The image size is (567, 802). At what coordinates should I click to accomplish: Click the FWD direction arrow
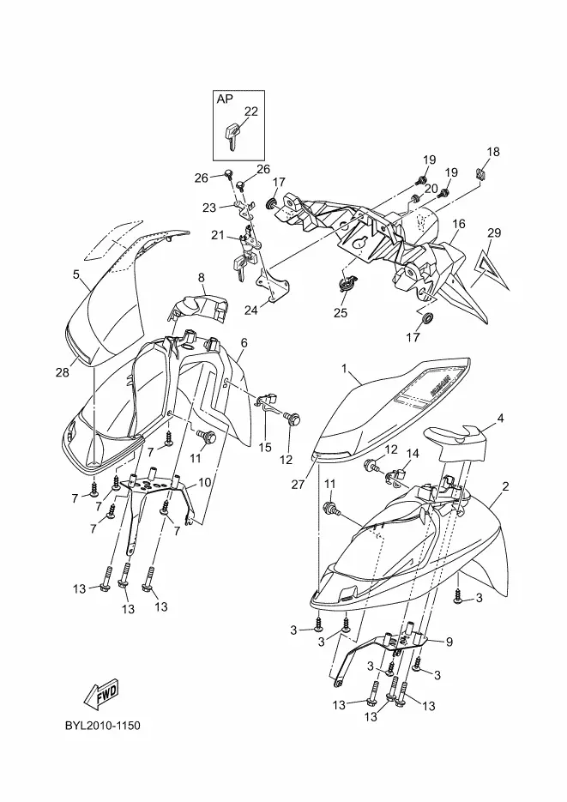pos(102,692)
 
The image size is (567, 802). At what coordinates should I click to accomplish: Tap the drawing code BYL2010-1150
pos(102,726)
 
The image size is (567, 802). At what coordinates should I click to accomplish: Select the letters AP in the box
pos(225,99)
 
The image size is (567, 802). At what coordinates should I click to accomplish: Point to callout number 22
pos(250,111)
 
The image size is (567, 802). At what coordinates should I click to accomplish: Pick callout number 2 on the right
pos(506,486)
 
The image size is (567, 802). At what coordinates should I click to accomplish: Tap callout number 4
pos(500,419)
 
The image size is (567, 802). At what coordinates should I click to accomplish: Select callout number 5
pos(75,274)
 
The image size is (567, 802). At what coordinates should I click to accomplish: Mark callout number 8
pos(202,277)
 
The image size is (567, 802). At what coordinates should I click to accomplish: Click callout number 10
pos(205,483)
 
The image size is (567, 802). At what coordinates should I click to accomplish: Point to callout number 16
pos(459,224)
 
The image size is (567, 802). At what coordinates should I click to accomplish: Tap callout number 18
pos(493,152)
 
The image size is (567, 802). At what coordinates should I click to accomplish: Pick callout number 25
pos(341,313)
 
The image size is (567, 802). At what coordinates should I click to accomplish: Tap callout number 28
pos(62,371)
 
